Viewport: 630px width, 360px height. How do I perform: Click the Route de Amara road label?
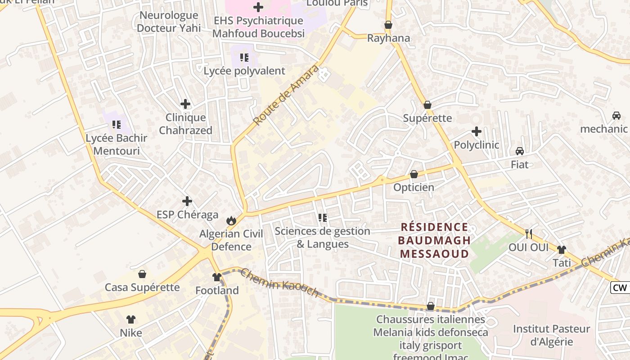pyautogui.click(x=286, y=95)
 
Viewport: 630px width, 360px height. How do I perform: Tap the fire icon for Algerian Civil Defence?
pyautogui.click(x=231, y=220)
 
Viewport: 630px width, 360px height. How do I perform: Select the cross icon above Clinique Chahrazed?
pyautogui.click(x=185, y=104)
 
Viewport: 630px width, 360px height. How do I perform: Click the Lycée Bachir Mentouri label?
pyautogui.click(x=117, y=144)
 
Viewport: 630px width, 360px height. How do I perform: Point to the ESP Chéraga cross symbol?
pyautogui.click(x=187, y=201)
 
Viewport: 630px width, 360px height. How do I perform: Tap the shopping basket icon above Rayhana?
pyautogui.click(x=388, y=25)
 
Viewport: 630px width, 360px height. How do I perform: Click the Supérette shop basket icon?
pyautogui.click(x=427, y=105)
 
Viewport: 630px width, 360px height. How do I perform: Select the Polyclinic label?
pyautogui.click(x=476, y=145)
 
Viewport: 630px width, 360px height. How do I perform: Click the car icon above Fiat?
pyautogui.click(x=520, y=151)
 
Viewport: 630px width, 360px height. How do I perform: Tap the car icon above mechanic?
pyautogui.click(x=616, y=116)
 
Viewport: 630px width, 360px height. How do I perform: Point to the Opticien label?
pyautogui.click(x=414, y=187)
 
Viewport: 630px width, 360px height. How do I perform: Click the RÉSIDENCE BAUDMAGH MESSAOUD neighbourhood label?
pyautogui.click(x=434, y=240)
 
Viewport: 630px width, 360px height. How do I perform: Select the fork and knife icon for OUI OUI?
pyautogui.click(x=529, y=234)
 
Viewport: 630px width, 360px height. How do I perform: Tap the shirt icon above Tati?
pyautogui.click(x=561, y=249)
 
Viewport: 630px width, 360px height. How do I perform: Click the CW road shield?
pyautogui.click(x=620, y=288)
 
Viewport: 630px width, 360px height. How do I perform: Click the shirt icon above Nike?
pyautogui.click(x=131, y=319)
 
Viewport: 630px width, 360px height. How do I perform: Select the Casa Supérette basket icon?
pyautogui.click(x=142, y=274)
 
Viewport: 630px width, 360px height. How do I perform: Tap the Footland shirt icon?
pyautogui.click(x=217, y=277)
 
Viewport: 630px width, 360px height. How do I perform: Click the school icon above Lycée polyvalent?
pyautogui.click(x=244, y=57)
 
